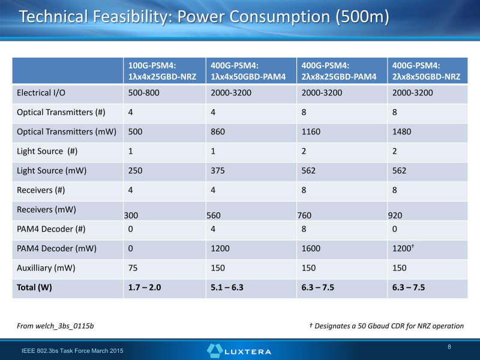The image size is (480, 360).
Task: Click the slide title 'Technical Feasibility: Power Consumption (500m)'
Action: (204, 17)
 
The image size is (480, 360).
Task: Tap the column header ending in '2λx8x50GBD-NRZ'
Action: (426, 71)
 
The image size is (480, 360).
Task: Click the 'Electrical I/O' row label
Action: (43, 93)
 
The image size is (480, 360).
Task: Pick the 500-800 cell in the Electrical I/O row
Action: (144, 93)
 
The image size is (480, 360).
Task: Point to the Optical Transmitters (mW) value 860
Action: (220, 132)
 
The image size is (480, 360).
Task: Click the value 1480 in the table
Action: (401, 132)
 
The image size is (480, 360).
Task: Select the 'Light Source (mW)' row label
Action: (52, 170)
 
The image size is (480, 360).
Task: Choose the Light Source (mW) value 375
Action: (220, 170)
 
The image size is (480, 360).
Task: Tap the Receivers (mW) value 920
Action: (395, 215)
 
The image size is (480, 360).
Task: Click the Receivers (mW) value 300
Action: (131, 215)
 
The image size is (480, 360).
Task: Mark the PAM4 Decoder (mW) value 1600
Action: (311, 248)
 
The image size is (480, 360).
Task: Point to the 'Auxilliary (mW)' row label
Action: (46, 268)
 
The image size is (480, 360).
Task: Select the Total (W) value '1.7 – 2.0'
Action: (145, 287)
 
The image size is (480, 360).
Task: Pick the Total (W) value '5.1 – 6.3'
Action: (227, 287)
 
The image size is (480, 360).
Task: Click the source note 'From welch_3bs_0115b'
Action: (55, 326)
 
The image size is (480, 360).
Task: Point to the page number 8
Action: (449, 347)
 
